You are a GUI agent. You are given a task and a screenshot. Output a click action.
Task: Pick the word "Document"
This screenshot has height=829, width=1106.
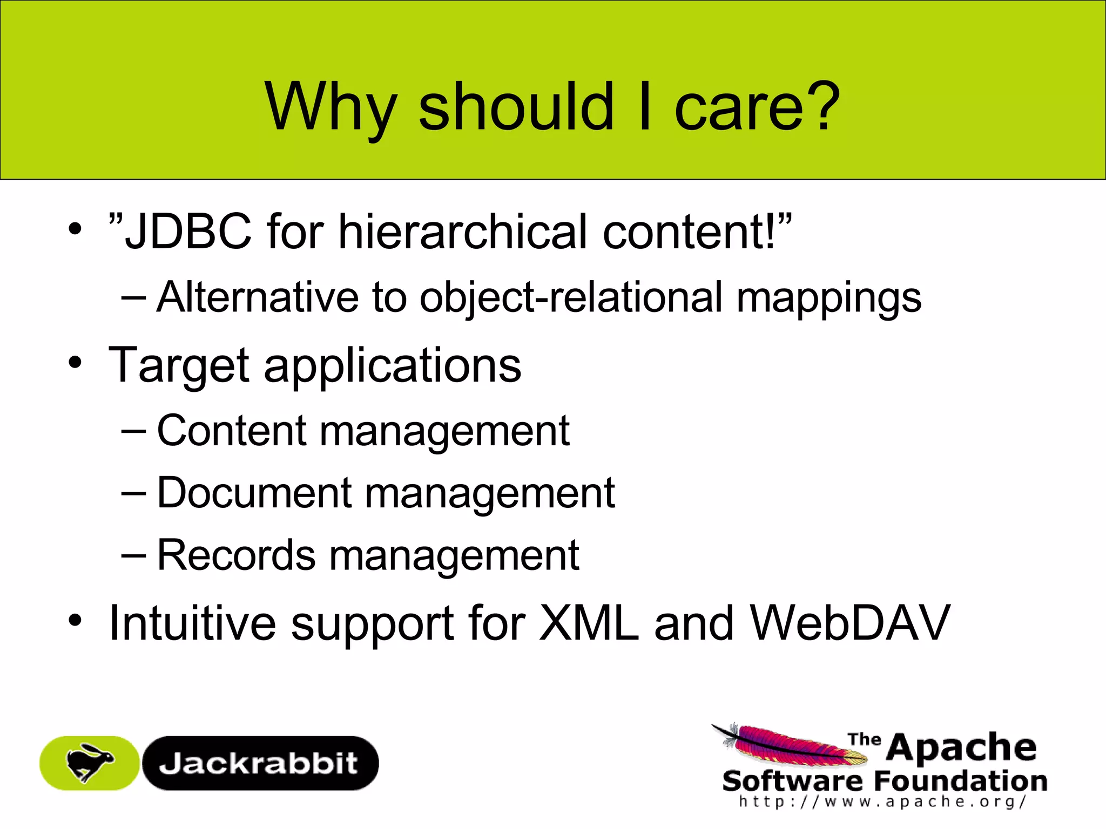click(x=254, y=493)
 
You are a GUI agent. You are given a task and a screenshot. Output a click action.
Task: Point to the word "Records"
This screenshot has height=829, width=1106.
click(x=236, y=555)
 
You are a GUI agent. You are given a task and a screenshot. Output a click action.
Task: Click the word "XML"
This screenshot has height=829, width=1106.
click(x=589, y=623)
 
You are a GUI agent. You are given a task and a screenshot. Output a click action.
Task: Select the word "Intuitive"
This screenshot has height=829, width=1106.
click(x=192, y=623)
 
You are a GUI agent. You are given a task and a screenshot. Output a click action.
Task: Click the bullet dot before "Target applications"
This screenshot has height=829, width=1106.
click(x=75, y=362)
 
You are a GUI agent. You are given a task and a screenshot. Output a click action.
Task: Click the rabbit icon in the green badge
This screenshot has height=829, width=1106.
click(x=89, y=763)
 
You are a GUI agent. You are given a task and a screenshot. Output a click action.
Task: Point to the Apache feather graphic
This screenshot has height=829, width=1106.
click(x=788, y=745)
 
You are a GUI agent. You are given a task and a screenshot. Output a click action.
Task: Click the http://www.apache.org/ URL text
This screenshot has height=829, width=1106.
click(x=882, y=801)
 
